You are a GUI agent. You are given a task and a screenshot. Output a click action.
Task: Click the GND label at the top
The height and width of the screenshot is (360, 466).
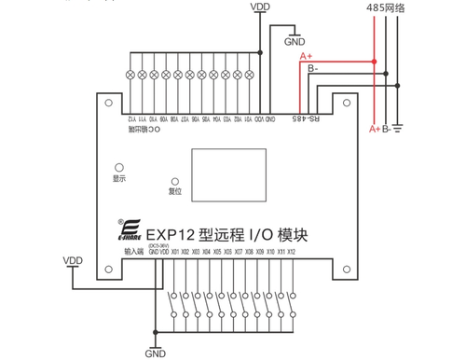click(x=295, y=41)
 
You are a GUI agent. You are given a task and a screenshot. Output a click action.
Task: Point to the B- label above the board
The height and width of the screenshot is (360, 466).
click(x=312, y=68)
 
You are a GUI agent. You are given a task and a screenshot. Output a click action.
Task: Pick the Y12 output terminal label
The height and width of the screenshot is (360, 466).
click(x=130, y=118)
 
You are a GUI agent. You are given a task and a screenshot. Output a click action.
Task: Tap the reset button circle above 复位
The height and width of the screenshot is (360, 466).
click(x=174, y=180)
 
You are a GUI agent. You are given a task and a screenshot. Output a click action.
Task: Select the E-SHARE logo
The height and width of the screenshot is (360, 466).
click(x=129, y=231)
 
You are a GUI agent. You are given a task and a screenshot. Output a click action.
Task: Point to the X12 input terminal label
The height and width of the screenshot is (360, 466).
click(x=292, y=252)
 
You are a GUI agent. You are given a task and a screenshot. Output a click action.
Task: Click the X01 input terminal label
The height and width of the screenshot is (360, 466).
click(x=174, y=252)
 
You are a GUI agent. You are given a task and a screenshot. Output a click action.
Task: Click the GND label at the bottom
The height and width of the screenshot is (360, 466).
click(x=155, y=353)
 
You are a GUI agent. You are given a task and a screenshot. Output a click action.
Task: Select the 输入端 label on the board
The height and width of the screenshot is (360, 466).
click(x=132, y=251)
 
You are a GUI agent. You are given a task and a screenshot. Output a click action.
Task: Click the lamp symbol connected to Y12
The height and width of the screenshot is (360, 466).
click(x=130, y=73)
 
